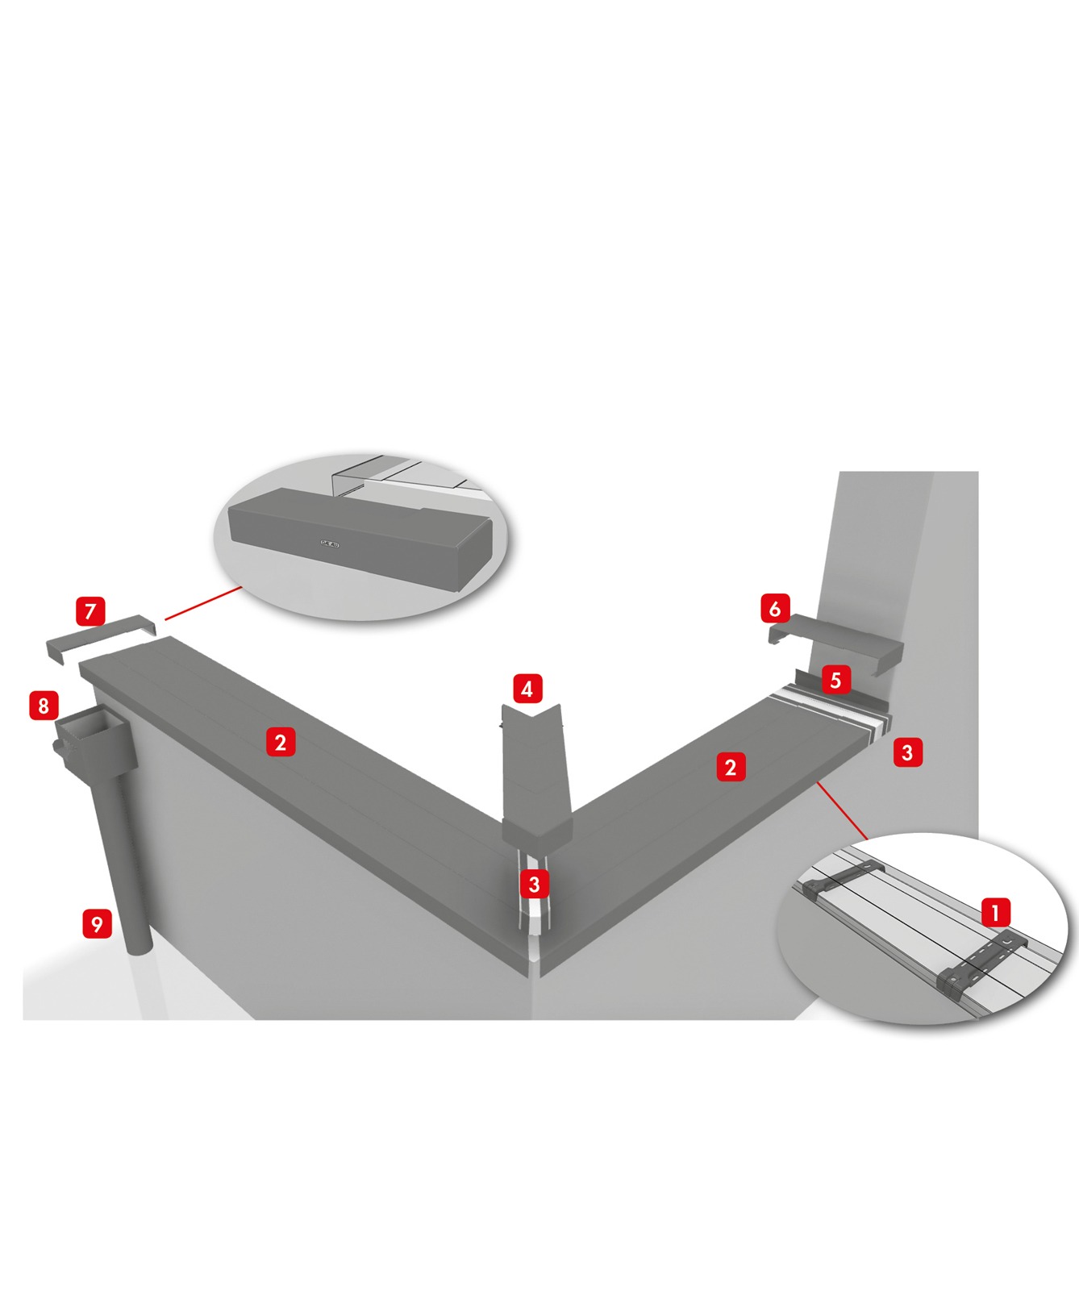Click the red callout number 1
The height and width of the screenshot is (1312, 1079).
pyautogui.click(x=996, y=913)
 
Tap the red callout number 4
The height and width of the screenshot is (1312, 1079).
pyautogui.click(x=527, y=689)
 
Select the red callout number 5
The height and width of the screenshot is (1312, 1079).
pyautogui.click(x=835, y=680)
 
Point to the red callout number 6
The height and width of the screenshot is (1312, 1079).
pyautogui.click(x=775, y=608)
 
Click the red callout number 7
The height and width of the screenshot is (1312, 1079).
pyautogui.click(x=90, y=611)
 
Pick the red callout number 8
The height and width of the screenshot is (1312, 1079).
pyautogui.click(x=44, y=706)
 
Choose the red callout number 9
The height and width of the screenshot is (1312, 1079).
pyautogui.click(x=98, y=923)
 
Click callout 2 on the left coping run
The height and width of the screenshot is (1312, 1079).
pyautogui.click(x=280, y=742)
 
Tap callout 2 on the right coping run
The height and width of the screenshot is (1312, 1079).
pyautogui.click(x=731, y=767)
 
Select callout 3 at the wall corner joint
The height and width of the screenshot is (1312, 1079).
pyautogui.click(x=534, y=884)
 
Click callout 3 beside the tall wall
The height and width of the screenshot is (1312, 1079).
pyautogui.click(x=907, y=752)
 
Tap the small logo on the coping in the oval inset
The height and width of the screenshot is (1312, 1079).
pyautogui.click(x=331, y=544)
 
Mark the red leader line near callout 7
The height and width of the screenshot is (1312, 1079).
pyautogui.click(x=203, y=603)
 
